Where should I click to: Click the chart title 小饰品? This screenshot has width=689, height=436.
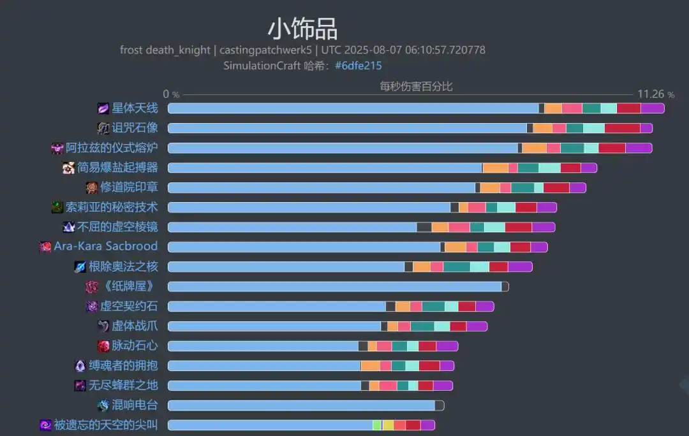[302, 29]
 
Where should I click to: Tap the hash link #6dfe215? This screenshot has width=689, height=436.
[358, 66]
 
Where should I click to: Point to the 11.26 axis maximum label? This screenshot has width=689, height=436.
[651, 94]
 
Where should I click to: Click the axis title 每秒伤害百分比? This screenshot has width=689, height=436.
[416, 86]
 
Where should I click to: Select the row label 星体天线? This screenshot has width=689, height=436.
[135, 108]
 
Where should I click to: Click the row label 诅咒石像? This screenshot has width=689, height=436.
[135, 127]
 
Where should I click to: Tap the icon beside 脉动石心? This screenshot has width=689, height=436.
[103, 346]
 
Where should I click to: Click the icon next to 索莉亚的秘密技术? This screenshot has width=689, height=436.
[57, 207]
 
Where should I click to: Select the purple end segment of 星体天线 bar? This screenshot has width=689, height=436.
[652, 108]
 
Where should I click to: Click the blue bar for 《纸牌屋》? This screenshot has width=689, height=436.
[334, 287]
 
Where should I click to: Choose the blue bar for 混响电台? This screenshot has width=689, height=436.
[301, 405]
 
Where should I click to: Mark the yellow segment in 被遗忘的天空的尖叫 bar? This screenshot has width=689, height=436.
[388, 425]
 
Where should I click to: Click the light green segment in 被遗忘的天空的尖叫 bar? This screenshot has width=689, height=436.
[377, 425]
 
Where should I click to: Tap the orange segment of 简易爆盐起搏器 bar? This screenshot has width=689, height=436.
[495, 168]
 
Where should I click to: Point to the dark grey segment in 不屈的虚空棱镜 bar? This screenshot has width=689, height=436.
[424, 227]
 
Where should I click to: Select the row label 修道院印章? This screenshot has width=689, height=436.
[129, 187]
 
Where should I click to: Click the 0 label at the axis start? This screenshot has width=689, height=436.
[167, 94]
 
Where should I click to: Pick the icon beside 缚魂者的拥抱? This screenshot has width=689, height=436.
[80, 366]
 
